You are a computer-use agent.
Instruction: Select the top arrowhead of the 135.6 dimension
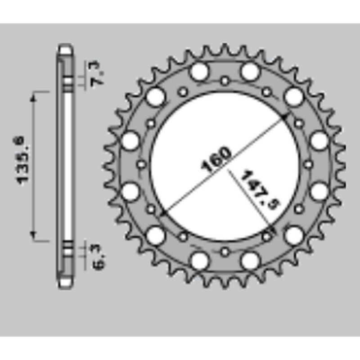(x=32, y=95)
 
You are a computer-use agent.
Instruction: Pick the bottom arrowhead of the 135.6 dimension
(x=32, y=234)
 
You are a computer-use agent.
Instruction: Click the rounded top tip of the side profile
(x=65, y=47)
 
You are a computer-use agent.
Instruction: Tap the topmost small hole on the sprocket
(x=225, y=81)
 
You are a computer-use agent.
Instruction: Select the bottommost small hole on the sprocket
(x=225, y=252)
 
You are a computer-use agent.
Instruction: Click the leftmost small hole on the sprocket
(x=141, y=165)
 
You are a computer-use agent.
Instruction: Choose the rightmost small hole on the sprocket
(x=309, y=165)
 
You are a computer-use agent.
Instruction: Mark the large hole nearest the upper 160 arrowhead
(x=294, y=96)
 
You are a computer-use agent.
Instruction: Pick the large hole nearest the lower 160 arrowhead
(x=156, y=234)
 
